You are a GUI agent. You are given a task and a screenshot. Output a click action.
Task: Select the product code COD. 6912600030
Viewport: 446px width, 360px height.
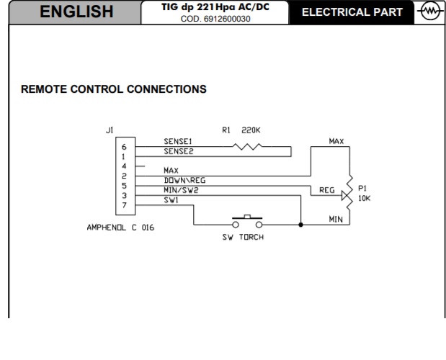tap(215, 19)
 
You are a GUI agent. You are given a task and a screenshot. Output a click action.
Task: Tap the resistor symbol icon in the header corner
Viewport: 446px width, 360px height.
tap(429, 12)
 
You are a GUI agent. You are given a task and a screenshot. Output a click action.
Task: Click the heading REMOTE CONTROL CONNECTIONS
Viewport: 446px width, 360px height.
tap(114, 89)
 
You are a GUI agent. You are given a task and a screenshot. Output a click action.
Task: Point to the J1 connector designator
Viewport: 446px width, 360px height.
tap(110, 130)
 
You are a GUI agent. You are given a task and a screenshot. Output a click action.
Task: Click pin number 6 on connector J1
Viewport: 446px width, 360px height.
tap(124, 147)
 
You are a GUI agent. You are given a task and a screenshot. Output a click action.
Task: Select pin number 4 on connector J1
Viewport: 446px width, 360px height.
tap(124, 166)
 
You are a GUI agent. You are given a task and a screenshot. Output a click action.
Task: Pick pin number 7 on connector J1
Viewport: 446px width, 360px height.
tap(124, 205)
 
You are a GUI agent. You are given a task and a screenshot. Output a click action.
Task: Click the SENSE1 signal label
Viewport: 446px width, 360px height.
tap(178, 141)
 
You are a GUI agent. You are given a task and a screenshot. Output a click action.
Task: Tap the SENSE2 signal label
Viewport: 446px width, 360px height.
tap(179, 151)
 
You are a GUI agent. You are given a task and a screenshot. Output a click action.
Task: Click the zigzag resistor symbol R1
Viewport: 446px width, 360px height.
tap(247, 147)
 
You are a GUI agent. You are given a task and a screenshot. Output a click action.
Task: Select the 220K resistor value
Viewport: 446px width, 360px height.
tap(251, 130)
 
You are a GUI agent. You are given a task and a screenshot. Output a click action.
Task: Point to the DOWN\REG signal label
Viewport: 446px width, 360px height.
tap(184, 180)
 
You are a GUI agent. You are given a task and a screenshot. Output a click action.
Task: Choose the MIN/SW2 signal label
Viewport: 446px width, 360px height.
tap(181, 190)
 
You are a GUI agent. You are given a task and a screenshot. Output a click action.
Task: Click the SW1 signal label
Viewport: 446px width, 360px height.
tap(171, 200)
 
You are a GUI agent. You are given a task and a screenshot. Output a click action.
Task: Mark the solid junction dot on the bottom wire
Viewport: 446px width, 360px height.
tap(300, 225)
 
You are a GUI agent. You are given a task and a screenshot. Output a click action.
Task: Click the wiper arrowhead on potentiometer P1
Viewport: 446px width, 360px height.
tap(345, 195)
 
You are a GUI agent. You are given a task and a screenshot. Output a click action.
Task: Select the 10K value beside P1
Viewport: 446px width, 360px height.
tap(364, 198)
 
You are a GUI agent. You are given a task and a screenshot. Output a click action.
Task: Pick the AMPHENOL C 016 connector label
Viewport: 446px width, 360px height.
tap(120, 228)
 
